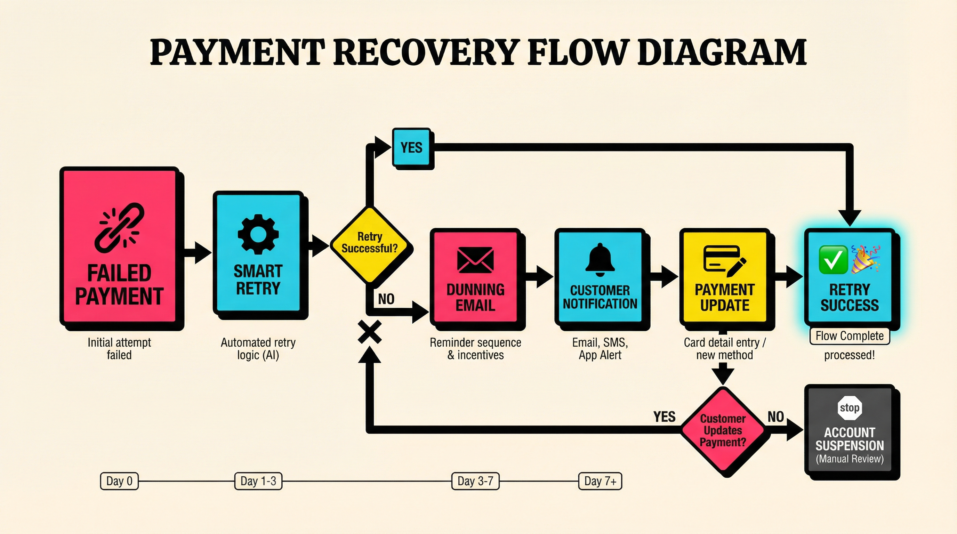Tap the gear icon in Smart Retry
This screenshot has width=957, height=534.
pyautogui.click(x=258, y=234)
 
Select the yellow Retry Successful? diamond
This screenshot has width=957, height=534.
pyautogui.click(x=371, y=245)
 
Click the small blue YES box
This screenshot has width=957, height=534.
pyautogui.click(x=412, y=147)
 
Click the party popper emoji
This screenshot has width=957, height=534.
pyautogui.click(x=865, y=259)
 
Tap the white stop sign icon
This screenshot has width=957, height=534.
pyautogui.click(x=849, y=408)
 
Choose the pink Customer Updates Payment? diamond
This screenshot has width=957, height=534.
pyautogui.click(x=723, y=431)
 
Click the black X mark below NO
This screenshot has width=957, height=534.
pyautogui.click(x=370, y=332)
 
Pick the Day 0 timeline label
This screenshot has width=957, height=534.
pyautogui.click(x=119, y=481)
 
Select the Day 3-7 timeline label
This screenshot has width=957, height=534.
pyautogui.click(x=475, y=481)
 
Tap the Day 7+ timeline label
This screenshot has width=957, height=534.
pyautogui.click(x=600, y=481)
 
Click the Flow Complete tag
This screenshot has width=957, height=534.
pyautogui.click(x=849, y=336)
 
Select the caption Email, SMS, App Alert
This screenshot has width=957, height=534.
pyautogui.click(x=600, y=348)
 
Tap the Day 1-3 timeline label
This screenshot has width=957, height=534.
pyautogui.click(x=258, y=481)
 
